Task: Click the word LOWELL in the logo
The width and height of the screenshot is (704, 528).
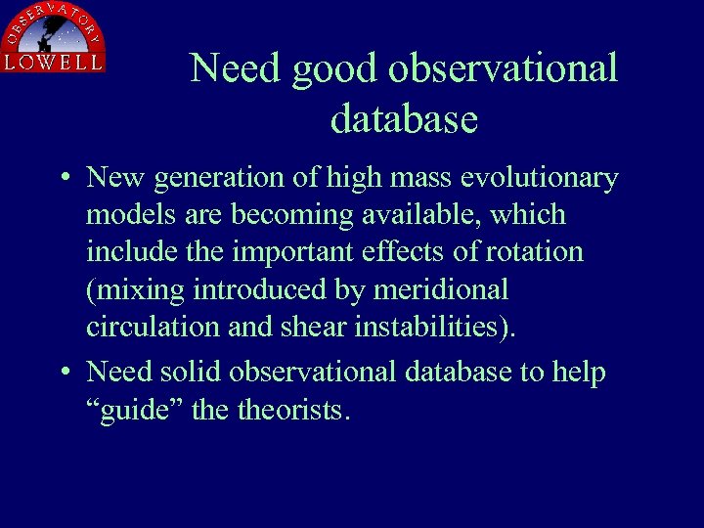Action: pyautogui.click(x=53, y=62)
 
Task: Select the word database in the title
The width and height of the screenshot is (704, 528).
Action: pyautogui.click(x=404, y=118)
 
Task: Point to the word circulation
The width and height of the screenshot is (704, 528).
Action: pyautogui.click(x=153, y=327)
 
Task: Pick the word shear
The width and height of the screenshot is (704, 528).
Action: pyautogui.click(x=313, y=327)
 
